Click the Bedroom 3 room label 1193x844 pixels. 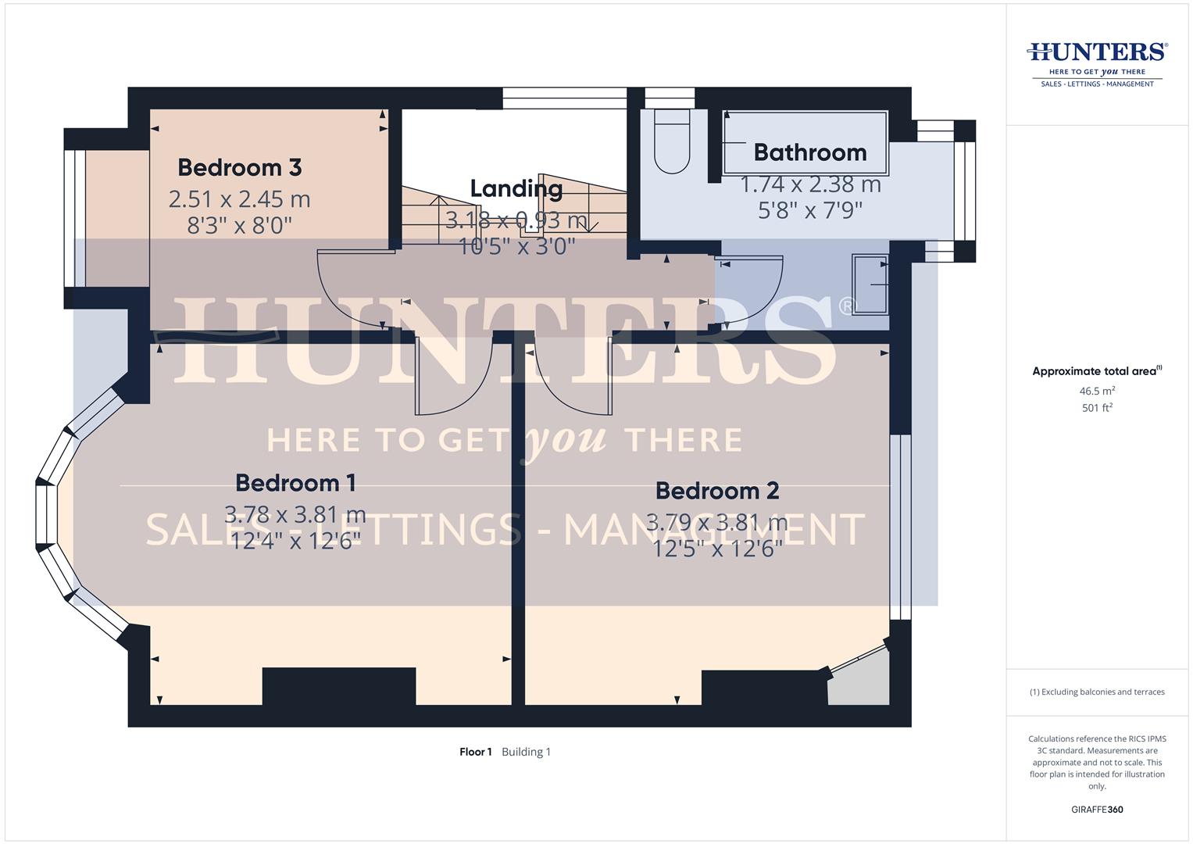239,167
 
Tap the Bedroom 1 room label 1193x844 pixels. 295,483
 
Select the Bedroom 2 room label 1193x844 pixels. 717,491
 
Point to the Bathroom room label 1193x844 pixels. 810,152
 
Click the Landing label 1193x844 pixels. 516,188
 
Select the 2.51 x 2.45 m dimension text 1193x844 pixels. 239,199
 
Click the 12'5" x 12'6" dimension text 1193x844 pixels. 717,549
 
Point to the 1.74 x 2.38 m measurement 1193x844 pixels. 810,185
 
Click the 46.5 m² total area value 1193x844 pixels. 1097,391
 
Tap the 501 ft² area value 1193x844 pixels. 1097,408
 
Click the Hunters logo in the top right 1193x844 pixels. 1097,63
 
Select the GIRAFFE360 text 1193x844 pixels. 1097,810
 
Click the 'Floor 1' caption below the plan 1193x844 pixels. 475,752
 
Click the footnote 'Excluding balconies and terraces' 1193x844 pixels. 1097,692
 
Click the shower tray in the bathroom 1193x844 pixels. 870,284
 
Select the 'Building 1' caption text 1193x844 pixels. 526,752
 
